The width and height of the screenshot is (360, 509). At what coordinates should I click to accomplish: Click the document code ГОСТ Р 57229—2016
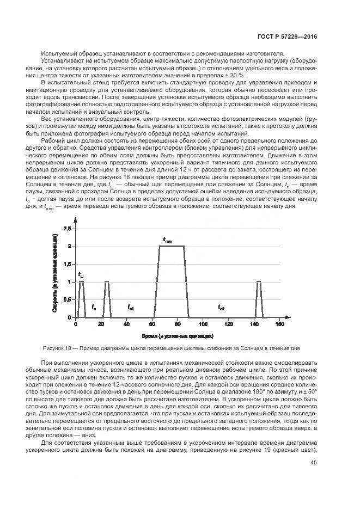[x=287, y=37]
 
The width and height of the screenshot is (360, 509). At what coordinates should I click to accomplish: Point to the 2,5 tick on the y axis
[x=66, y=229]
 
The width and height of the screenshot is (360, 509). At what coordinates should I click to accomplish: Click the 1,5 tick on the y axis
[x=66, y=264]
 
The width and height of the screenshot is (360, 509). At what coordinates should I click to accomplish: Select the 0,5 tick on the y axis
[x=66, y=299]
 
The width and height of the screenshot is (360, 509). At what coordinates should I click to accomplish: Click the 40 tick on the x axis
[x=126, y=324]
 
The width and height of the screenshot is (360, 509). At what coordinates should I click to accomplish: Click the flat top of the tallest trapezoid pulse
[x=171, y=247]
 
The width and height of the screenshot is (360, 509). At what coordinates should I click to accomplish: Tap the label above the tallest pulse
[x=168, y=240]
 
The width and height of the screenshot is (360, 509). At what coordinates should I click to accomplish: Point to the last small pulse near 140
[x=259, y=282]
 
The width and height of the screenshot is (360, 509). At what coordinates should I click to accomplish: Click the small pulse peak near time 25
[x=107, y=282]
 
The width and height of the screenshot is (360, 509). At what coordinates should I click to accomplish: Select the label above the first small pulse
[x=81, y=275]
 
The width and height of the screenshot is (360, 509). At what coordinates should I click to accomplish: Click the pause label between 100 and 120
[x=221, y=308]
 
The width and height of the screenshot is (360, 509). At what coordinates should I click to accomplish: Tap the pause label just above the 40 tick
[x=131, y=308]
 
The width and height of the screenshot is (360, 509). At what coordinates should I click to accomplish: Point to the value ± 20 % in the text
[x=235, y=76]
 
